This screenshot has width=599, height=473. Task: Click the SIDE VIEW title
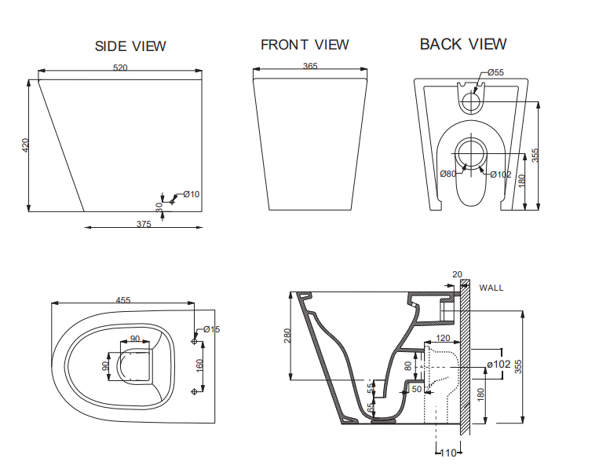coord(130,46)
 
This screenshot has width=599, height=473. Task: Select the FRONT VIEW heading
coord(305,45)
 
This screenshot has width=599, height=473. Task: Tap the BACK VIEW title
coord(463,44)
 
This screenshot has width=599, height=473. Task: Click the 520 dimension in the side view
coord(120,68)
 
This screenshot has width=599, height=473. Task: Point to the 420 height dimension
coord(25,145)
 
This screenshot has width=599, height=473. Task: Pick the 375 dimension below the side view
coord(144,224)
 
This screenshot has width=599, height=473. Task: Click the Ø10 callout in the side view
coord(192,194)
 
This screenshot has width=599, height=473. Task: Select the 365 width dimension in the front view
coord(309,67)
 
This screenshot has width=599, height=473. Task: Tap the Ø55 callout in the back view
coord(495,73)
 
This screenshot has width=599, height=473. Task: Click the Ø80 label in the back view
coord(447,174)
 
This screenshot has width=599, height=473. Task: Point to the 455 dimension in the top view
coord(123,299)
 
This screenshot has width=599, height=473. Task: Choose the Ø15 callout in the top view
coord(212,329)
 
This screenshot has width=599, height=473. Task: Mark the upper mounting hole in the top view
coord(194,340)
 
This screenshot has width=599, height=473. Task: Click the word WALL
coord(491,288)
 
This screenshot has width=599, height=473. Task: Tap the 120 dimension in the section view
coord(443,338)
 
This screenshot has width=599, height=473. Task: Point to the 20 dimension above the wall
coord(458,274)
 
